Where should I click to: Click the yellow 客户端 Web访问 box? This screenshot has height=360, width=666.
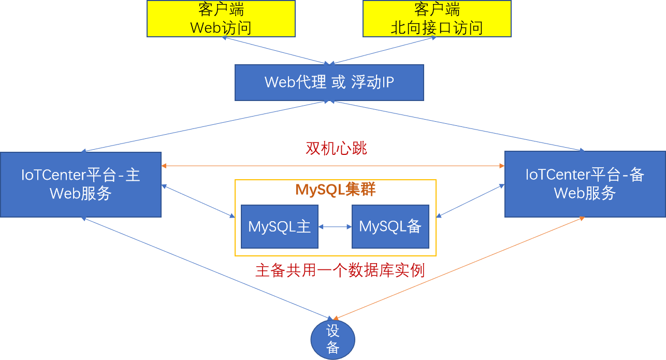(221, 19)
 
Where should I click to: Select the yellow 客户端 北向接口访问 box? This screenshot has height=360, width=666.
(437, 19)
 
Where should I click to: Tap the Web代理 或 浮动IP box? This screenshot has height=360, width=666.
(329, 82)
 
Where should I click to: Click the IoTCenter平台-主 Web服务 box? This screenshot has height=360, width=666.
(80, 184)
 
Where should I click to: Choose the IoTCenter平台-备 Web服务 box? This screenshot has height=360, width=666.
(585, 184)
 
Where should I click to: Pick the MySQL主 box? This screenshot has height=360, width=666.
(279, 226)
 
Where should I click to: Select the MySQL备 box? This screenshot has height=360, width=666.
(390, 226)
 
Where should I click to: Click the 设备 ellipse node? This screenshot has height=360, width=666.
(332, 340)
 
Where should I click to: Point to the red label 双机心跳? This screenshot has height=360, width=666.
(336, 149)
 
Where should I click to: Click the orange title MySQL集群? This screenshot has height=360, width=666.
(335, 190)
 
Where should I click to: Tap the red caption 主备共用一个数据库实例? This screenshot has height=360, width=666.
(340, 270)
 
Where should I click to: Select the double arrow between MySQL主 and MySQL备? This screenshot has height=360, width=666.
(335, 226)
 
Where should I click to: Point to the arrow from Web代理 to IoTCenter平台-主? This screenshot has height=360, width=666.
(202, 126)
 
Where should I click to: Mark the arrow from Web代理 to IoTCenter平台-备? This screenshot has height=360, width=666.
(458, 126)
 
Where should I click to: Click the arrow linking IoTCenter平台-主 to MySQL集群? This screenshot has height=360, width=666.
(198, 201)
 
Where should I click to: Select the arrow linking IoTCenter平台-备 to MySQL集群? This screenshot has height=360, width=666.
(470, 201)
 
